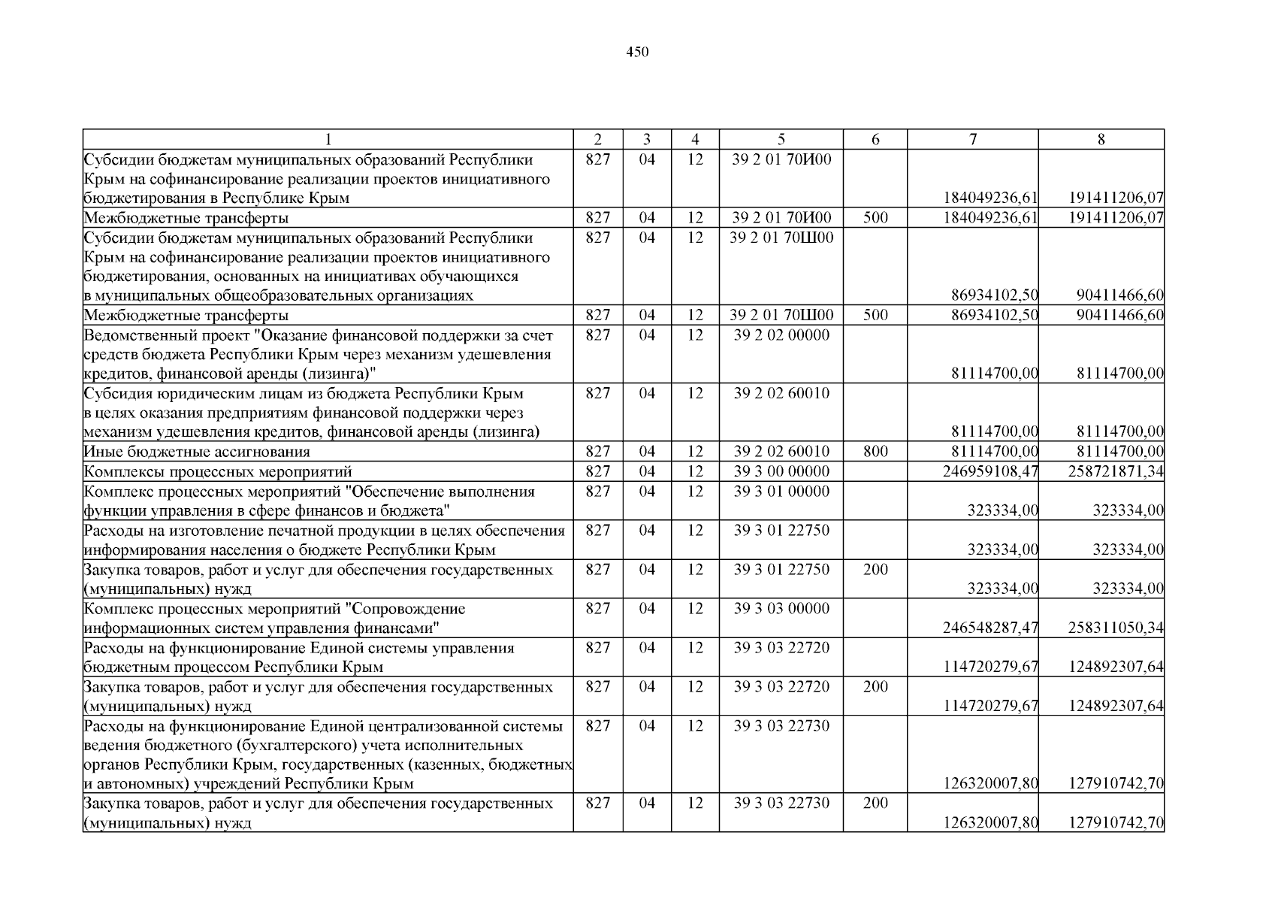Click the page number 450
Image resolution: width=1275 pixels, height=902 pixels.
637,52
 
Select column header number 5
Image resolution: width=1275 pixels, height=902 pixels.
781,139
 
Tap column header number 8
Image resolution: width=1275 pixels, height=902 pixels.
1101,139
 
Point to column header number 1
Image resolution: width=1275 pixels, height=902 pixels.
328,139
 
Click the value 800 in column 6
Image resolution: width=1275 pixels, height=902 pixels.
875,452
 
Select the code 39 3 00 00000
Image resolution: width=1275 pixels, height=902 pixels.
781,471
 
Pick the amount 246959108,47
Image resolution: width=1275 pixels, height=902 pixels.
990,472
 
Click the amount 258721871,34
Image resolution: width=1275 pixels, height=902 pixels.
1116,472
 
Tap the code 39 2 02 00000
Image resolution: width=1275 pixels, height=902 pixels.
781,335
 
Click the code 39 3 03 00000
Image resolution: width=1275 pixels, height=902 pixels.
781,609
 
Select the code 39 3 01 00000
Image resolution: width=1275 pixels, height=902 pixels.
781,492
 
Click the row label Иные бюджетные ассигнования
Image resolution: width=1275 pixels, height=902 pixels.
197,452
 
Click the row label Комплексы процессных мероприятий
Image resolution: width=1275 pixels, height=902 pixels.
218,472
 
